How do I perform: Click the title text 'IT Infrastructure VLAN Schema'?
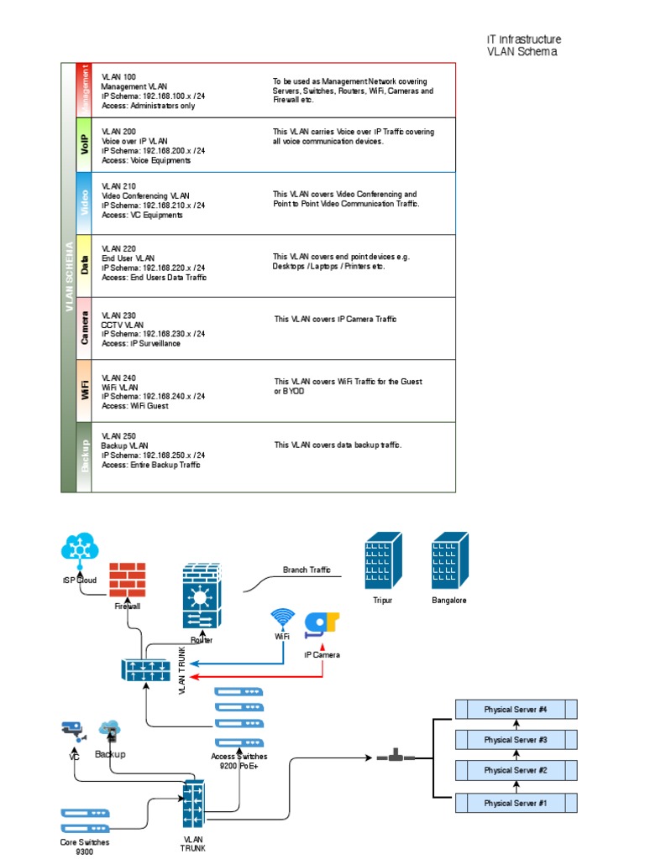[523, 45]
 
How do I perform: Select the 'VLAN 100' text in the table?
[118, 76]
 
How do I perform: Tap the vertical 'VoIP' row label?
[84, 144]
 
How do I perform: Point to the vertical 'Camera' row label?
[84, 327]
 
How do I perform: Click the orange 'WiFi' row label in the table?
[84, 390]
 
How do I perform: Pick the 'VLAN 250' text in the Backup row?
[118, 436]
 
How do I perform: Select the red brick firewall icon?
[128, 580]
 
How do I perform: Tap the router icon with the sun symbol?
[201, 596]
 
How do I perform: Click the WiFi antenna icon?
[282, 619]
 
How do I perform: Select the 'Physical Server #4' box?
[516, 710]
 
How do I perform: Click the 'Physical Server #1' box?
[516, 803]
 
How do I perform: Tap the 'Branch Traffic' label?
[307, 570]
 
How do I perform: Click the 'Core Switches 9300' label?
[84, 846]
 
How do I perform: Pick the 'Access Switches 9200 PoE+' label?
[239, 761]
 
